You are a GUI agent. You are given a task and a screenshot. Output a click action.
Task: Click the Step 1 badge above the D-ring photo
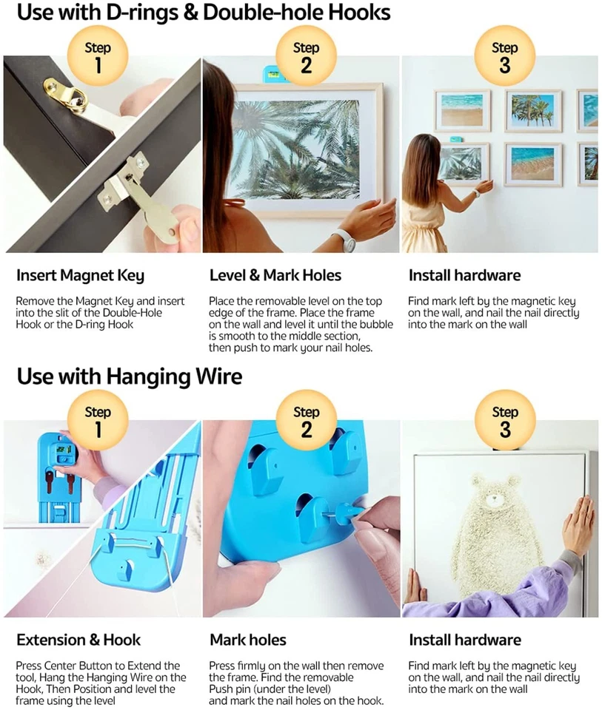click(98, 57)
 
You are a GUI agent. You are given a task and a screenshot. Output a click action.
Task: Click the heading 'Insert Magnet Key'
click(80, 276)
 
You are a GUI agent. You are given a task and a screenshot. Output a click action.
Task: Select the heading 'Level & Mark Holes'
click(275, 276)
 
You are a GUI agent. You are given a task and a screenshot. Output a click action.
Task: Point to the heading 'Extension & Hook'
click(78, 640)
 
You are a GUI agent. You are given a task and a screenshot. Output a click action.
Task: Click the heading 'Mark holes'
click(247, 640)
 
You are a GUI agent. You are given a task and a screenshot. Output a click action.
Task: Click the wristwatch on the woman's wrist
click(342, 239)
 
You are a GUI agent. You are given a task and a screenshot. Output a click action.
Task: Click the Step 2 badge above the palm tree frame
click(306, 57)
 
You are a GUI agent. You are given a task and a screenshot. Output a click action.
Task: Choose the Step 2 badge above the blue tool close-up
click(306, 421)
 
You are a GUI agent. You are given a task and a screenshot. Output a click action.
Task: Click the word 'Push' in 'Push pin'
click(224, 689)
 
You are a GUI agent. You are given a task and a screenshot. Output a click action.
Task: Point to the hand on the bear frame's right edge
click(580, 527)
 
